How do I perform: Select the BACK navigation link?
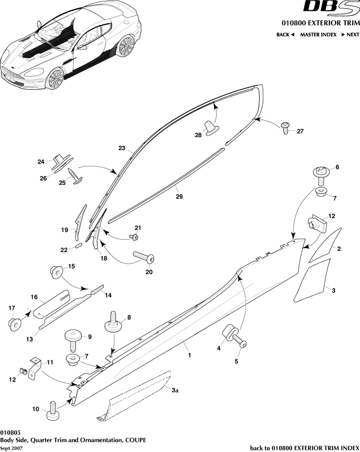[285, 35]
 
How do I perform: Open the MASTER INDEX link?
[318, 35]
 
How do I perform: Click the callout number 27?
[300, 131]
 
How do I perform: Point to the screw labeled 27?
[286, 127]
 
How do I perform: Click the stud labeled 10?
[52, 409]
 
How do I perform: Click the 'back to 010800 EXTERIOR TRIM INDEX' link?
[305, 448]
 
